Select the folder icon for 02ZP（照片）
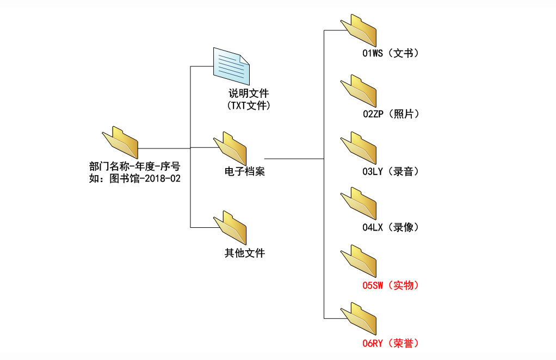359,91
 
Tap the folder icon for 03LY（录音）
359,148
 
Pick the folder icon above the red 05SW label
359,261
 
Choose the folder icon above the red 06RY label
359,319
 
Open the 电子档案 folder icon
230,148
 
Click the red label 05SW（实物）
391,285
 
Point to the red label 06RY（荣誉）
391,343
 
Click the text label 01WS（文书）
391,53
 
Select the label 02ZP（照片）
391,114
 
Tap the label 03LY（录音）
391,172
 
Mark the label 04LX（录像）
391,227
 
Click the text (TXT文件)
249,105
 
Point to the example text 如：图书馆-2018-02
134,178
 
